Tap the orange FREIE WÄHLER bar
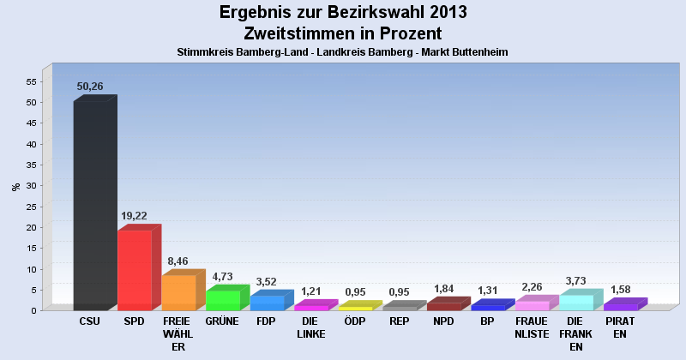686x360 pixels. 178,292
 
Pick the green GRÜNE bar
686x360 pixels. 222,300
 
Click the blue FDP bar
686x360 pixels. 267,303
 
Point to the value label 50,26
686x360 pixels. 90,87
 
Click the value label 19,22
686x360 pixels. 135,216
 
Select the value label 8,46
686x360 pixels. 178,261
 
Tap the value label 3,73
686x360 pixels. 576,280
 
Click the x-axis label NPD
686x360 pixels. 443,321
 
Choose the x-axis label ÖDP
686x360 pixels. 355,321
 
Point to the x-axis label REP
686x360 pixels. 399,321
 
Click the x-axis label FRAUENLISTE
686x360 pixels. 532,327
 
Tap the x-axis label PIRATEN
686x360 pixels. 620,327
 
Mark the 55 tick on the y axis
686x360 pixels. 31,81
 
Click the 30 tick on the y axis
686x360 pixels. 31,186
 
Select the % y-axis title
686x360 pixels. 15,186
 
